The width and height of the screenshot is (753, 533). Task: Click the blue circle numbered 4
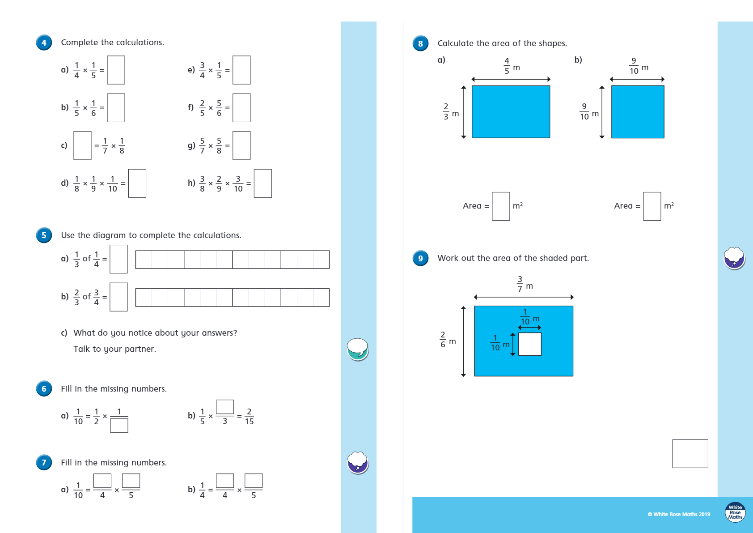[44, 43]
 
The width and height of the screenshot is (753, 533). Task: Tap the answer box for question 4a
[116, 70]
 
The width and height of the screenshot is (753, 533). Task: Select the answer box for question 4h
[262, 183]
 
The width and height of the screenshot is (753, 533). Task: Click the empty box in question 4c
[82, 145]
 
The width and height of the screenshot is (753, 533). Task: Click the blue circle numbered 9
[420, 258]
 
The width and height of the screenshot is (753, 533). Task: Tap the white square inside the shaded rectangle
[530, 344]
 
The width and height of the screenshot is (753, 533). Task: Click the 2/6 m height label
[447, 340]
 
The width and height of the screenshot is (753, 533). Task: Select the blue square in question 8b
[638, 112]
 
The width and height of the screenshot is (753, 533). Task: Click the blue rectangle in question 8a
[511, 112]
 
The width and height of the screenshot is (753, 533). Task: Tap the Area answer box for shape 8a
[501, 206]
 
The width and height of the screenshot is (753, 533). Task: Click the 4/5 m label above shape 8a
[511, 66]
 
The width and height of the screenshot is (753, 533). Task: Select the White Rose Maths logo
[735, 512]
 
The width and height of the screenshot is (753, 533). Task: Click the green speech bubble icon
[358, 349]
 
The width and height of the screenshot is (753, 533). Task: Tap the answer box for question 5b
[118, 297]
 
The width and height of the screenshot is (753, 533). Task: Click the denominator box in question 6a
[119, 425]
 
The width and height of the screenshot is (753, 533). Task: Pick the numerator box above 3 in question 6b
[225, 407]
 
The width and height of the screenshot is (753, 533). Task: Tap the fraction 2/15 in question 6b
[249, 417]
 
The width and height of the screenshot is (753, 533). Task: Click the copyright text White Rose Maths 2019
[679, 514]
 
